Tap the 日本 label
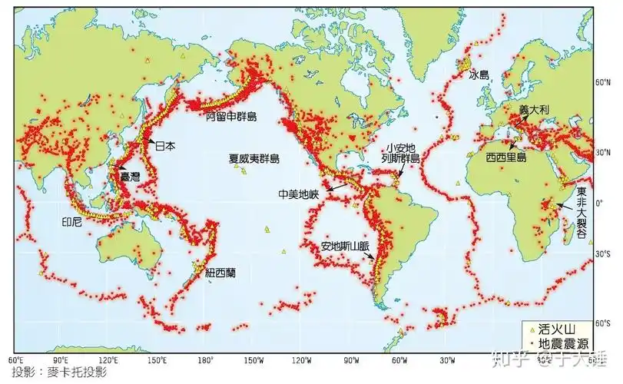coord(165,145)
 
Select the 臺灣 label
coord(131,177)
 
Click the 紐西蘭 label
coord(221,272)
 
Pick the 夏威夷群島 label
coord(254,159)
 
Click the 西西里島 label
coord(506,156)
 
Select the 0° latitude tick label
coord(607,202)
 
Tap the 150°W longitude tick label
coord(254,359)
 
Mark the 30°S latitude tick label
coord(605,253)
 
